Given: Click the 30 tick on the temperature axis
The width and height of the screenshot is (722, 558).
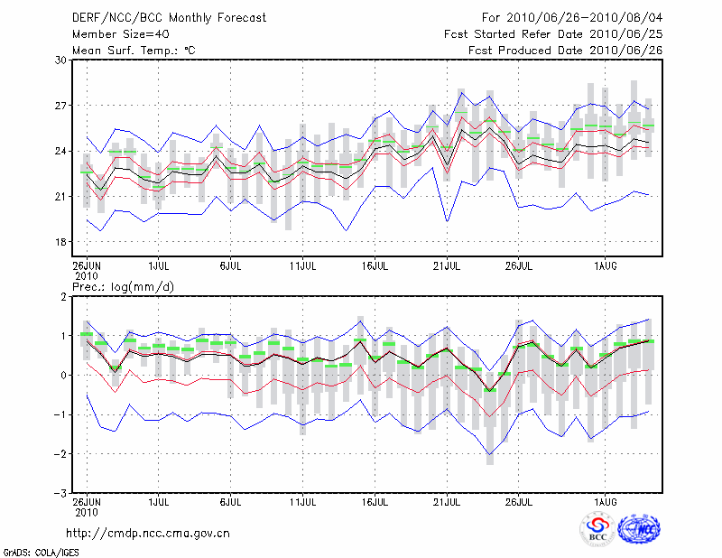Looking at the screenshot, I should [61, 60].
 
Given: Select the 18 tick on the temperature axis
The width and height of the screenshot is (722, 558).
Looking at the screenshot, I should [61, 242].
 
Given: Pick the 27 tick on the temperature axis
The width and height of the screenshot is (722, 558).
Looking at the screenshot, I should [61, 106].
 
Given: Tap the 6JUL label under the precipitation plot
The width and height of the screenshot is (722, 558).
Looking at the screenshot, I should [231, 501].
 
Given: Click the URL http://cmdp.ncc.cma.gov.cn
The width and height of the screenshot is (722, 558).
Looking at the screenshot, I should [148, 533].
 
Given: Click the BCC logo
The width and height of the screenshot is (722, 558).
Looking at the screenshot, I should [597, 530].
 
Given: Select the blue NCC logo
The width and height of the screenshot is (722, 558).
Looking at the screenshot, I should [639, 530].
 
